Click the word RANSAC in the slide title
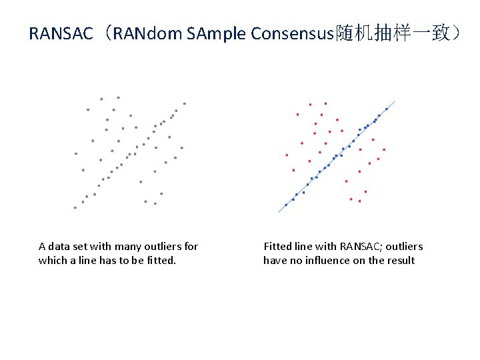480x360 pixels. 61,33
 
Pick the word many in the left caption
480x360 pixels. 127,247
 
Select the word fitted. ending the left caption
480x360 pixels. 160,260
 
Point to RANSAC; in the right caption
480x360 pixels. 361,247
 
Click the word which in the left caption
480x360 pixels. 53,260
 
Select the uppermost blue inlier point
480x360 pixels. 387,109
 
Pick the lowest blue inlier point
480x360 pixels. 286,205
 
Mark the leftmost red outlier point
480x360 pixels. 287,155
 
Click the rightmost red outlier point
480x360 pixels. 384,149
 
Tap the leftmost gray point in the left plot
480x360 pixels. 75,207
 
